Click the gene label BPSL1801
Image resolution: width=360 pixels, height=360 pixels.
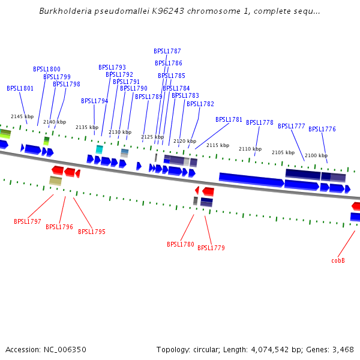(20, 89)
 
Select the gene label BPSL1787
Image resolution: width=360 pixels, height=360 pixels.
(167, 52)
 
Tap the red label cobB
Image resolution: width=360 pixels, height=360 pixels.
(338, 261)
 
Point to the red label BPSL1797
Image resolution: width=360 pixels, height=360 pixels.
(28, 222)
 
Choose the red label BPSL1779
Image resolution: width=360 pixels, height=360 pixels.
(211, 248)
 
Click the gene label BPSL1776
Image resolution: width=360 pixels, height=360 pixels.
(322, 130)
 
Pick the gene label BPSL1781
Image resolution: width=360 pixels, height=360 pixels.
(229, 120)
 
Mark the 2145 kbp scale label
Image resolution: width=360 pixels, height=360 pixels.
(22, 116)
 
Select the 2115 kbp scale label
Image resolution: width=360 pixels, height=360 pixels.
(218, 145)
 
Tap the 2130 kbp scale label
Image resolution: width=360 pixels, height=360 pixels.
(120, 132)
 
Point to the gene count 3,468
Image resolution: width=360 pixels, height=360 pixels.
(342, 349)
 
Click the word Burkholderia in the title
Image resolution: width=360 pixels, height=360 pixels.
(64, 11)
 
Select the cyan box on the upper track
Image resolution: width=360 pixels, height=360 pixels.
(100, 149)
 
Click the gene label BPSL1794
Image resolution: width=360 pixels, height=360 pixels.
(95, 101)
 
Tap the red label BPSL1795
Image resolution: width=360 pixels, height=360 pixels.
(92, 232)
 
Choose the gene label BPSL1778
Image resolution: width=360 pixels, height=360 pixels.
(260, 123)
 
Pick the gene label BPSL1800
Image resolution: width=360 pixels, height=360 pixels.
(47, 70)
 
